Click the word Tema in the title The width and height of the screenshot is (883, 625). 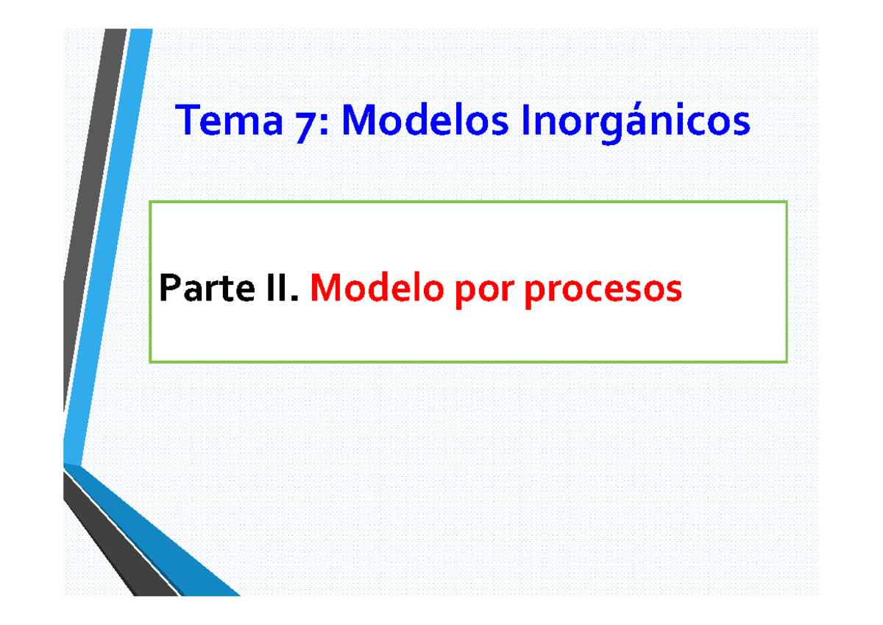coord(228,121)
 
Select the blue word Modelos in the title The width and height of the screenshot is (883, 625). coord(425,121)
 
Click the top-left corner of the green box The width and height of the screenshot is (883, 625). coord(150,202)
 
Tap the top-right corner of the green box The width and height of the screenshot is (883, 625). coord(787,202)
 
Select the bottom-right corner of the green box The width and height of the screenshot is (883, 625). coord(787,361)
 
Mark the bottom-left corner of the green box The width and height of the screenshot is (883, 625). coord(150,361)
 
